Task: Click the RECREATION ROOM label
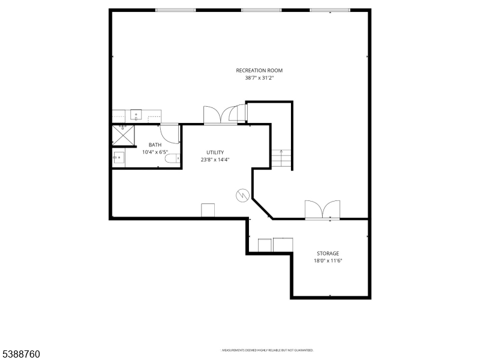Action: coord(259,71)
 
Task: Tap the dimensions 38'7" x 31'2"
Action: coord(259,78)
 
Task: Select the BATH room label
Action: coord(155,145)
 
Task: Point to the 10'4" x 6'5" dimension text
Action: coord(155,152)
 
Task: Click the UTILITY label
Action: coord(215,152)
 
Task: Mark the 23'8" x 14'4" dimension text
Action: coord(215,160)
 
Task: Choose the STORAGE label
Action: coord(328,253)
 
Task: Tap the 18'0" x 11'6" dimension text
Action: coord(328,260)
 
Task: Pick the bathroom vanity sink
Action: coord(119,158)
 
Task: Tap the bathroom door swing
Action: coord(170,133)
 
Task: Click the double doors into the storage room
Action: coord(322,210)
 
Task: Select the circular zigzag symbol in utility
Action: coord(242,195)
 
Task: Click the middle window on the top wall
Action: coord(261,10)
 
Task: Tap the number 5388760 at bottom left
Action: coord(20,354)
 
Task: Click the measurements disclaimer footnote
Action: coord(268,350)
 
